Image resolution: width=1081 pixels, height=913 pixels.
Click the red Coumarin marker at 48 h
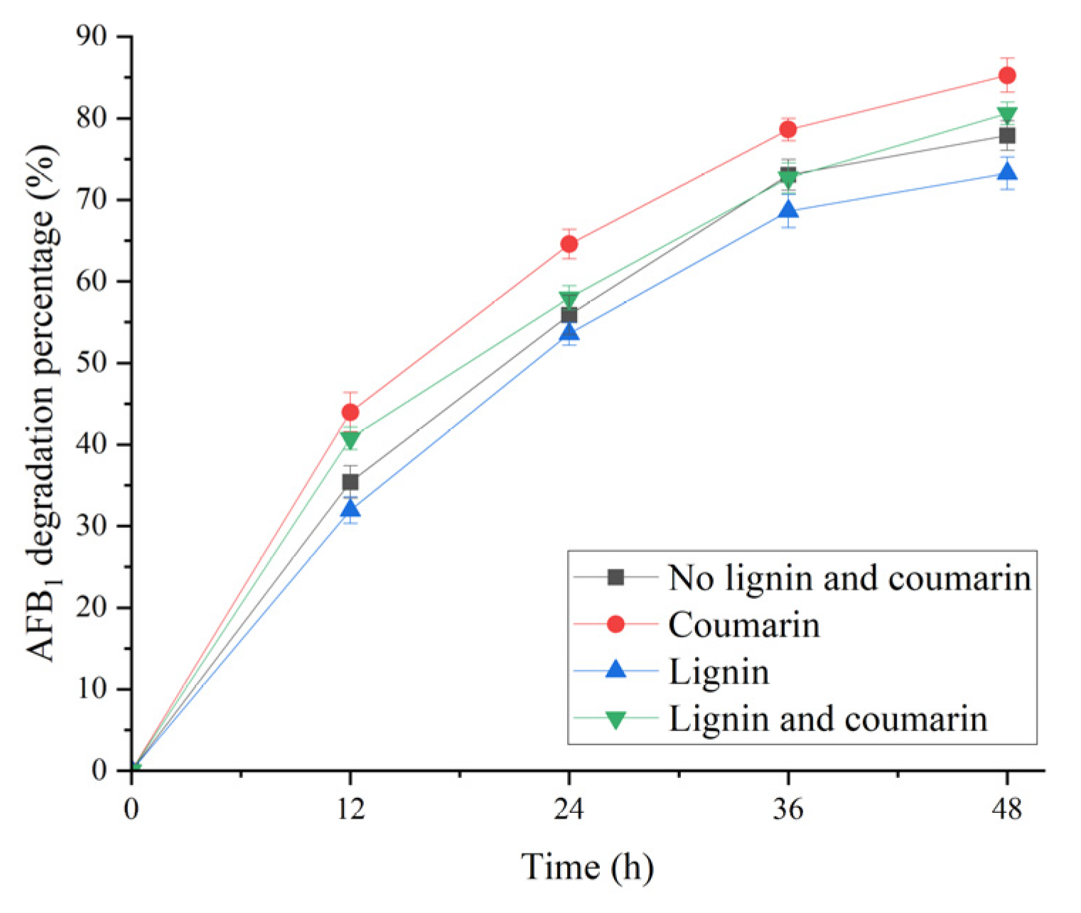pyautogui.click(x=1006, y=75)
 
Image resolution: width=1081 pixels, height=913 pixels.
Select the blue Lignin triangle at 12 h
pyautogui.click(x=350, y=509)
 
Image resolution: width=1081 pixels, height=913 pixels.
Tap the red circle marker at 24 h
pyautogui.click(x=569, y=244)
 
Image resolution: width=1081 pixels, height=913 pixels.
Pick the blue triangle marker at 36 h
pyautogui.click(x=787, y=210)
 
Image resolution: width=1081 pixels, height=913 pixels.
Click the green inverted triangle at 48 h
pyautogui.click(x=1006, y=115)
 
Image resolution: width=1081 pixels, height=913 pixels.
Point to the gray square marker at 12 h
pyautogui.click(x=350, y=482)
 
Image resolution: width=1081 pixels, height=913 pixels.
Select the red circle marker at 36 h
pyautogui.click(x=787, y=129)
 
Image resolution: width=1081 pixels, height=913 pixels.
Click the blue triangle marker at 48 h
pyautogui.click(x=1006, y=173)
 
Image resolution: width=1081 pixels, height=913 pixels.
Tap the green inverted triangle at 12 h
pyautogui.click(x=350, y=440)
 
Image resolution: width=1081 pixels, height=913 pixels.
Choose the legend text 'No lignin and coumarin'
pyautogui.click(x=849, y=578)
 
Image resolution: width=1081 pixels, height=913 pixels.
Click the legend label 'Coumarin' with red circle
pyautogui.click(x=744, y=625)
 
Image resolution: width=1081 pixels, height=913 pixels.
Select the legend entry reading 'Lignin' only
pyautogui.click(x=719, y=671)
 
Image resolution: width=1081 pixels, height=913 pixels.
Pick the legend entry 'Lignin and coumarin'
pyautogui.click(x=828, y=718)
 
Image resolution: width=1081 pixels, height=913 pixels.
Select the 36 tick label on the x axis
pyautogui.click(x=787, y=809)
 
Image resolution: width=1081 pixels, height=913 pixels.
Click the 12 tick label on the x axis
pyautogui.click(x=350, y=809)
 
